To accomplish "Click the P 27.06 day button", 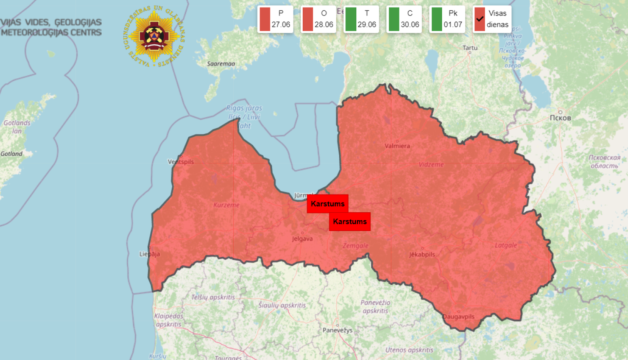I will click(275, 19).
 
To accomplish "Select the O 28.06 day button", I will click(318, 19).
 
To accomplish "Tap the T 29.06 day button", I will click(361, 19).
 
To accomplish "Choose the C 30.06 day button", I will click(404, 19).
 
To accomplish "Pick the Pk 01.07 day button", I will click(447, 19).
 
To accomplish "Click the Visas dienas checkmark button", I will click(492, 19).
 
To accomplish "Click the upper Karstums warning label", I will click(327, 204).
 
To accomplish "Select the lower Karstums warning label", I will click(350, 221).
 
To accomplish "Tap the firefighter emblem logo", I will click(154, 37).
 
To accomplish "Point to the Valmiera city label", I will click(397, 146).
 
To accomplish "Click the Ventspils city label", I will click(181, 162).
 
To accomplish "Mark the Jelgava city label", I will click(302, 239).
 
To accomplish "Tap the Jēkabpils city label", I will click(422, 255).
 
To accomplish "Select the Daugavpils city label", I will click(459, 316).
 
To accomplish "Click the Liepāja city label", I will click(149, 254).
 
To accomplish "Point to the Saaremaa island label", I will click(221, 64).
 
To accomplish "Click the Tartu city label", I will click(470, 48).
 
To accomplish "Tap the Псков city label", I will click(560, 118).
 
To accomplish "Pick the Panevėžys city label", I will click(337, 330).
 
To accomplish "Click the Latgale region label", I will click(506, 245).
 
